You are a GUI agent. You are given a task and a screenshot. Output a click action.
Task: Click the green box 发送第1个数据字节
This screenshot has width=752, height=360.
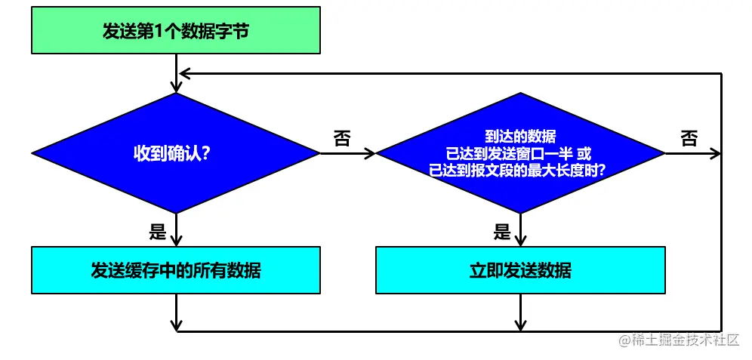click(175, 32)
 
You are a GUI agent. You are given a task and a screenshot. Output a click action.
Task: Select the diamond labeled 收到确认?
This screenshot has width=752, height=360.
click(175, 153)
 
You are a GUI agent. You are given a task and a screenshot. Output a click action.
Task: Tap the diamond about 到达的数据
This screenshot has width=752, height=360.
click(521, 153)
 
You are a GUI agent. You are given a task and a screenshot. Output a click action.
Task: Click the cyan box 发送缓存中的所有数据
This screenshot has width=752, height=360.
click(175, 269)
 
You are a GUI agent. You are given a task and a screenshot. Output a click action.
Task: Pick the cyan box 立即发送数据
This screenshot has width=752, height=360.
click(521, 269)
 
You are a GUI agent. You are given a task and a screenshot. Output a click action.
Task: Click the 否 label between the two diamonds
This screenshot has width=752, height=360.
click(342, 138)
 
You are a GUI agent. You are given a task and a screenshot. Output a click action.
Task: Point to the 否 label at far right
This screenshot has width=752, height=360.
click(689, 138)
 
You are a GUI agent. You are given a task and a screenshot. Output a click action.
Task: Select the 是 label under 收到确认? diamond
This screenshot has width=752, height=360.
click(157, 232)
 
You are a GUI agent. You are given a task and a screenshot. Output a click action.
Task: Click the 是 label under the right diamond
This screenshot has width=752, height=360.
click(503, 232)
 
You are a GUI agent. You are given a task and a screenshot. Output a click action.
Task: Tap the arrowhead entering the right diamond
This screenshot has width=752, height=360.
click(370, 153)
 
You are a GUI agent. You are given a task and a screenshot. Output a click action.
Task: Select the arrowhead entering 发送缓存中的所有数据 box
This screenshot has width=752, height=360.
click(175, 241)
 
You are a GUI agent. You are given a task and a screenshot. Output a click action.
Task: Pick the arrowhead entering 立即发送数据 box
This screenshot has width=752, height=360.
click(521, 241)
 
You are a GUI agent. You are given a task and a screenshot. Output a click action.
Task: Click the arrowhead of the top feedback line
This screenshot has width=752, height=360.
click(182, 73)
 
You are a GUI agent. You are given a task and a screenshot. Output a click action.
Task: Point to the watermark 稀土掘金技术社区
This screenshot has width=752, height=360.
click(678, 340)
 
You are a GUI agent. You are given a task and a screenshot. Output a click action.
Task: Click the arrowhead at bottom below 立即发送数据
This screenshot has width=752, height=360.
click(521, 325)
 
